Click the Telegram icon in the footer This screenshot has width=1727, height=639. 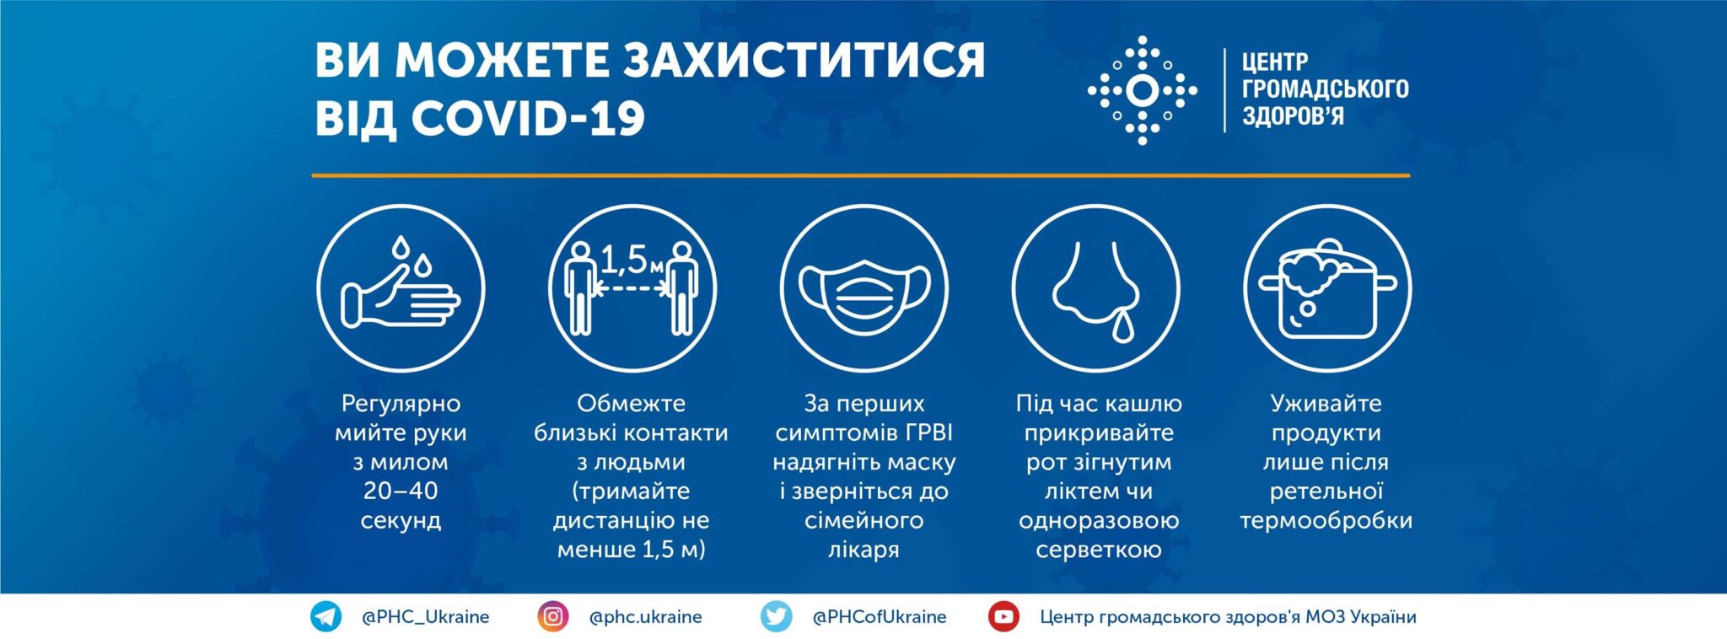325,616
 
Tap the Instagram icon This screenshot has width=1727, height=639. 553,616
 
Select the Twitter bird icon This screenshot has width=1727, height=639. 776,616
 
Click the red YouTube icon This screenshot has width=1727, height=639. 1003,616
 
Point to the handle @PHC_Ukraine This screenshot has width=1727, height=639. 425,617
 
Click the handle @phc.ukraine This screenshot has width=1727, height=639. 645,617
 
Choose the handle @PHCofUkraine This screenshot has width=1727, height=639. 879,617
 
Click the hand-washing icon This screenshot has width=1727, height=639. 401,287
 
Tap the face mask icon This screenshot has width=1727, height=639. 864,287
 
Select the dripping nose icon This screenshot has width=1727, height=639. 1096,287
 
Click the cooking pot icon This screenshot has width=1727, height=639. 1327,287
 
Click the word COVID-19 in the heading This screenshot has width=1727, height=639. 528,118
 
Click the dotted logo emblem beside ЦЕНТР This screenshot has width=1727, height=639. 1143,90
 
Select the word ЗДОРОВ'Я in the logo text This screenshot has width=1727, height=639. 1293,115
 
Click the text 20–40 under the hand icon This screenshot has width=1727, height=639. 401,490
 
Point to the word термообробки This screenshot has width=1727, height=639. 1326,521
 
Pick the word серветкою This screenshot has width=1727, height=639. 1099,550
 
